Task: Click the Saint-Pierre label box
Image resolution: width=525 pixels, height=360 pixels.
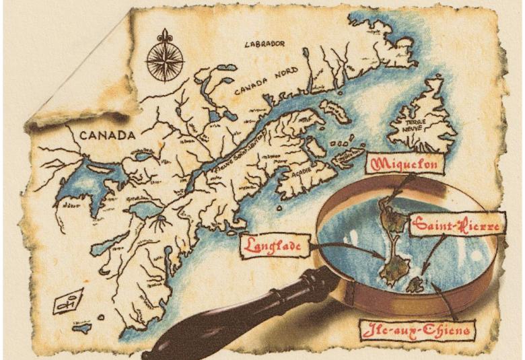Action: [456, 225]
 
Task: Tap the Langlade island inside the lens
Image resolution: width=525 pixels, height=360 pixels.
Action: [388, 269]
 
